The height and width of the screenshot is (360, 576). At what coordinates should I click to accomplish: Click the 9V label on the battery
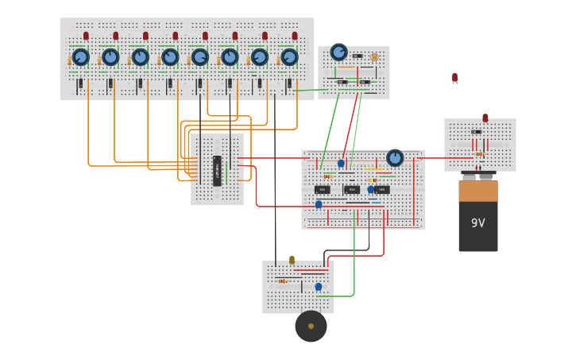pyautogui.click(x=477, y=223)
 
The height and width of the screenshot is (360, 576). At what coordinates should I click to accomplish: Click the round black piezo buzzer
pyautogui.click(x=311, y=326)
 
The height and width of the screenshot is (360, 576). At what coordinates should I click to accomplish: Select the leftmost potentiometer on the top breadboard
pyautogui.click(x=80, y=57)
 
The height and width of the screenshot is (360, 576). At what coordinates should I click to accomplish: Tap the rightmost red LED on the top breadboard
pyautogui.click(x=295, y=36)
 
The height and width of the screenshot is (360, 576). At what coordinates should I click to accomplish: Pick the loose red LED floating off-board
pyautogui.click(x=454, y=78)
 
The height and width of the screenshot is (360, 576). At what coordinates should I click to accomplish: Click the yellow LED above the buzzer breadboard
pyautogui.click(x=292, y=260)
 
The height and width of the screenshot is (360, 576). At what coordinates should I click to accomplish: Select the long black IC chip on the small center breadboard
pyautogui.click(x=217, y=170)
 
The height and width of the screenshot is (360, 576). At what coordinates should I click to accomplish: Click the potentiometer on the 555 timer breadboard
pyautogui.click(x=395, y=158)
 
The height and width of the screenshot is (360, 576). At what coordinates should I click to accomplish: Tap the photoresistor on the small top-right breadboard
pyautogui.click(x=374, y=57)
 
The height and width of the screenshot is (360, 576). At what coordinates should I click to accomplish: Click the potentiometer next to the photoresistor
pyautogui.click(x=339, y=52)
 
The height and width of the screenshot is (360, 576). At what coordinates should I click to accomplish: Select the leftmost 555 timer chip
pyautogui.click(x=322, y=190)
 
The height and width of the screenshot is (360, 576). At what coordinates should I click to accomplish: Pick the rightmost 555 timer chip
pyautogui.click(x=382, y=190)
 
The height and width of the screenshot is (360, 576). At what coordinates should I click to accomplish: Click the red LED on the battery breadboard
pyautogui.click(x=485, y=118)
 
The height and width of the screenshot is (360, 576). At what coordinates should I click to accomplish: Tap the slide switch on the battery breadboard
pyautogui.click(x=476, y=132)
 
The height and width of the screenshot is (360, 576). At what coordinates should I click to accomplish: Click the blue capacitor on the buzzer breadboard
pyautogui.click(x=319, y=287)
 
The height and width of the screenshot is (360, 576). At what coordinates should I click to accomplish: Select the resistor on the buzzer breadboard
pyautogui.click(x=282, y=281)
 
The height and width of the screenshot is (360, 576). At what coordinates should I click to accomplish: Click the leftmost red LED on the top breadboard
pyautogui.click(x=86, y=36)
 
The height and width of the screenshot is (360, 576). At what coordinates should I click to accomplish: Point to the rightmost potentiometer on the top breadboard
pyautogui.click(x=289, y=57)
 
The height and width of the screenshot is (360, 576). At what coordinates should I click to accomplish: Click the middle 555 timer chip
pyautogui.click(x=352, y=190)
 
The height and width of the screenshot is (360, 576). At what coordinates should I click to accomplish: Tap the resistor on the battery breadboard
pyautogui.click(x=480, y=153)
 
